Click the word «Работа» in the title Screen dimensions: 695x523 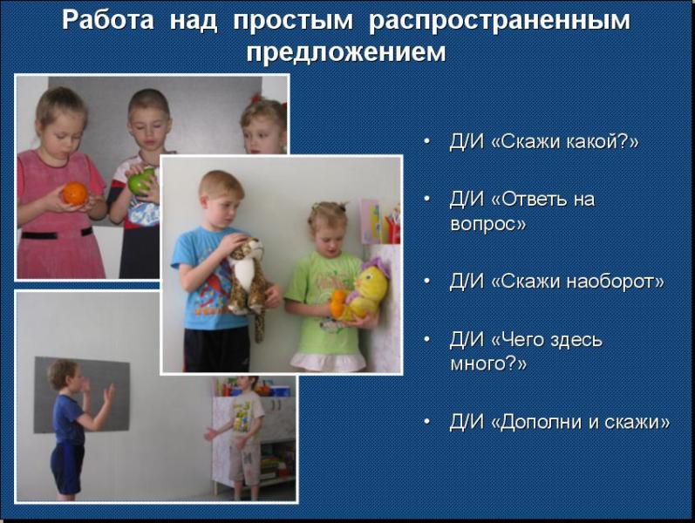tap(108, 20)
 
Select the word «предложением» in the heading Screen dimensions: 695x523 tap(346, 52)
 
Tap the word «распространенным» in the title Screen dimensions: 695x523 tap(499, 21)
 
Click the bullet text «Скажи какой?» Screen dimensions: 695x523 tap(565, 141)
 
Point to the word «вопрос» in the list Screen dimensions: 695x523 tap(488, 223)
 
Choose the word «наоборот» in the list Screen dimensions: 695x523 tap(616, 282)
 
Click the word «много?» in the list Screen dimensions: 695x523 tap(488, 363)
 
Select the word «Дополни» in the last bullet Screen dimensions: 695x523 tap(541, 422)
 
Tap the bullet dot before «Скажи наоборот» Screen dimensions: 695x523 tap(426, 281)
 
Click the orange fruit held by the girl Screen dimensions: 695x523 tap(74, 194)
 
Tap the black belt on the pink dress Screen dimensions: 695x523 tap(56, 234)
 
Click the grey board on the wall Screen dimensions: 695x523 tap(82, 395)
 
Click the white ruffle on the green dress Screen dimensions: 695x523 tap(328, 362)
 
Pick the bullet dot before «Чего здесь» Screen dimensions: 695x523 tap(426, 339)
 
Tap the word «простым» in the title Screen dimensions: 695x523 tap(293, 21)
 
